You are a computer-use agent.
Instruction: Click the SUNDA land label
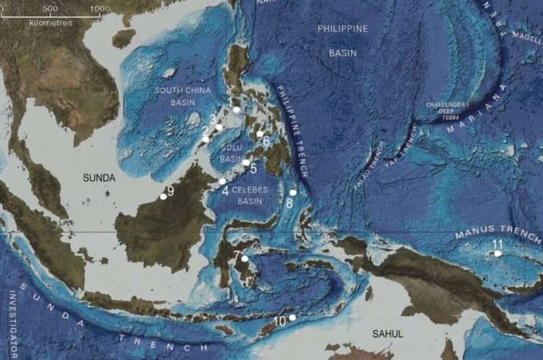100,178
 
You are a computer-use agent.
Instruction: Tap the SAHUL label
388,333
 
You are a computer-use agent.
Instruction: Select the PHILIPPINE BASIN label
342,41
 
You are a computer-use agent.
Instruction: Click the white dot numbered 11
498,254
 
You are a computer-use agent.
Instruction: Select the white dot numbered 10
292,318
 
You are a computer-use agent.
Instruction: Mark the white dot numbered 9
164,196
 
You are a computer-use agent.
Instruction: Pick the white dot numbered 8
293,192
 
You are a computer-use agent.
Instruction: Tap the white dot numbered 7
244,259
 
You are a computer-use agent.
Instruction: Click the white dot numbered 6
260,134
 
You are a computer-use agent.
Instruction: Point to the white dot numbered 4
222,181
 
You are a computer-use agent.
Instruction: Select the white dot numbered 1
236,109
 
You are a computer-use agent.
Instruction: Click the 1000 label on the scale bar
100,8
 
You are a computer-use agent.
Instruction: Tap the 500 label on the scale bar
51,8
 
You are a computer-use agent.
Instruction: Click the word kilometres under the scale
51,23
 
